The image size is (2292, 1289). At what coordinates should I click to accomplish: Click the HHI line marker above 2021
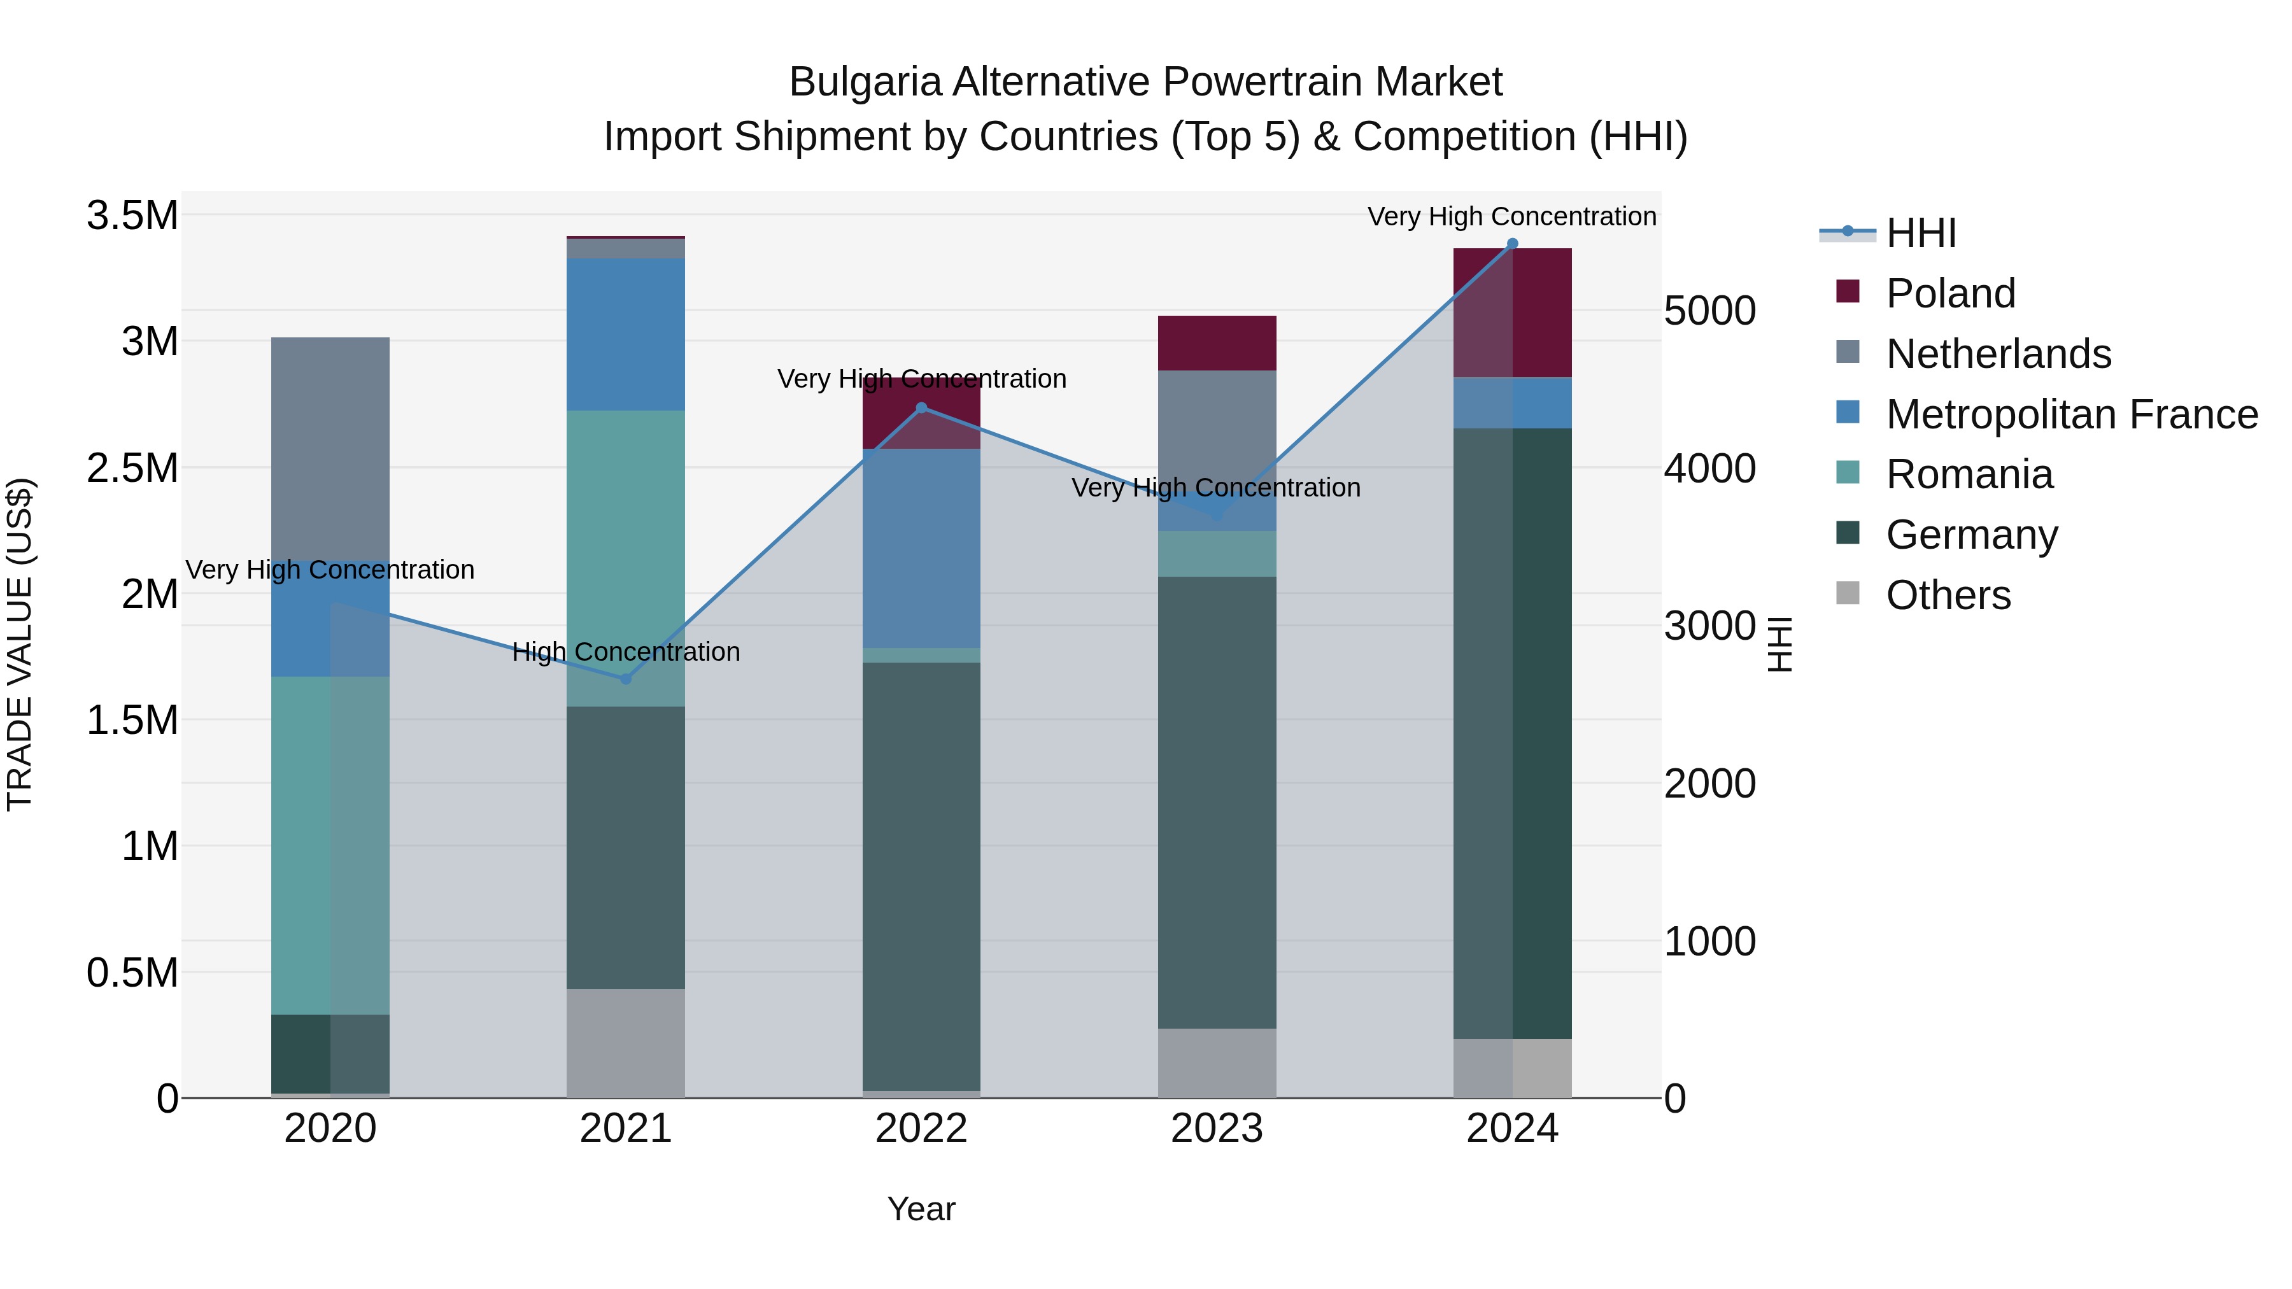coord(625,679)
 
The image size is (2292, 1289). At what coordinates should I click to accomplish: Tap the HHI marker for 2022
coord(922,408)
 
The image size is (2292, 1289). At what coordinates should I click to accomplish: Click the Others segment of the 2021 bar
coord(625,1043)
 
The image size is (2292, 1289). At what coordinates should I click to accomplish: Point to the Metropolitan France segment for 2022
coord(922,548)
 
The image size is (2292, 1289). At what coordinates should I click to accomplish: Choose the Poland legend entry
coord(1949,293)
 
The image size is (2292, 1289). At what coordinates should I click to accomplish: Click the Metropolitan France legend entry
coord(2070,414)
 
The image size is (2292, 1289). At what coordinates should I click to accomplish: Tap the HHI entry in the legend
coord(1920,233)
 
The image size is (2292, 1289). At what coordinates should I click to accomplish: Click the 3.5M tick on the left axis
coord(132,215)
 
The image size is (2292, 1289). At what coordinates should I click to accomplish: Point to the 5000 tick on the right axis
coord(1709,311)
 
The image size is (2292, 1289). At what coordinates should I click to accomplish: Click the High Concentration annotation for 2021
coord(625,652)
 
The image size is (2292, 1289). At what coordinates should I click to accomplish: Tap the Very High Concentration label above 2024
coord(1511,216)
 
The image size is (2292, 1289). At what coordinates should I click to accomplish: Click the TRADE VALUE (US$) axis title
coord(20,644)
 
